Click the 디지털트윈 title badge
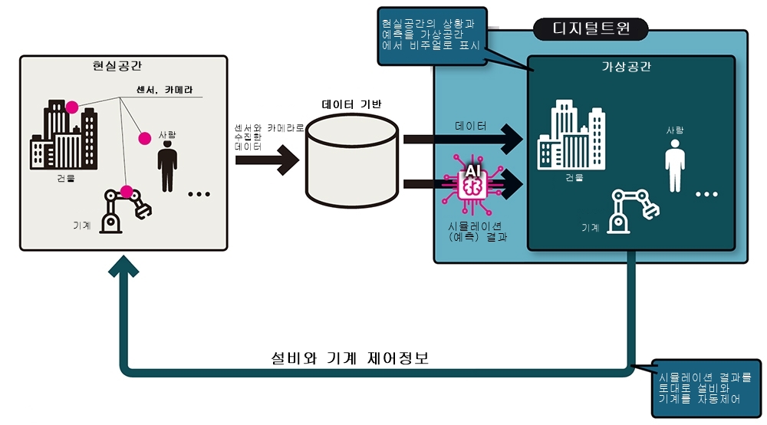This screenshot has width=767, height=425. (x=591, y=30)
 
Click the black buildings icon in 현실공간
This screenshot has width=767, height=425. (x=64, y=139)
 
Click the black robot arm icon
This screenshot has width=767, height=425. (x=123, y=209)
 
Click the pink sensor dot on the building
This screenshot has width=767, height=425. (x=72, y=107)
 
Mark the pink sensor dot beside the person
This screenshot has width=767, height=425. (x=144, y=138)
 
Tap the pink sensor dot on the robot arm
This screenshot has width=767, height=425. (x=127, y=192)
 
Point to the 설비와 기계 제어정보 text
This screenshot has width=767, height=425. (x=350, y=359)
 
